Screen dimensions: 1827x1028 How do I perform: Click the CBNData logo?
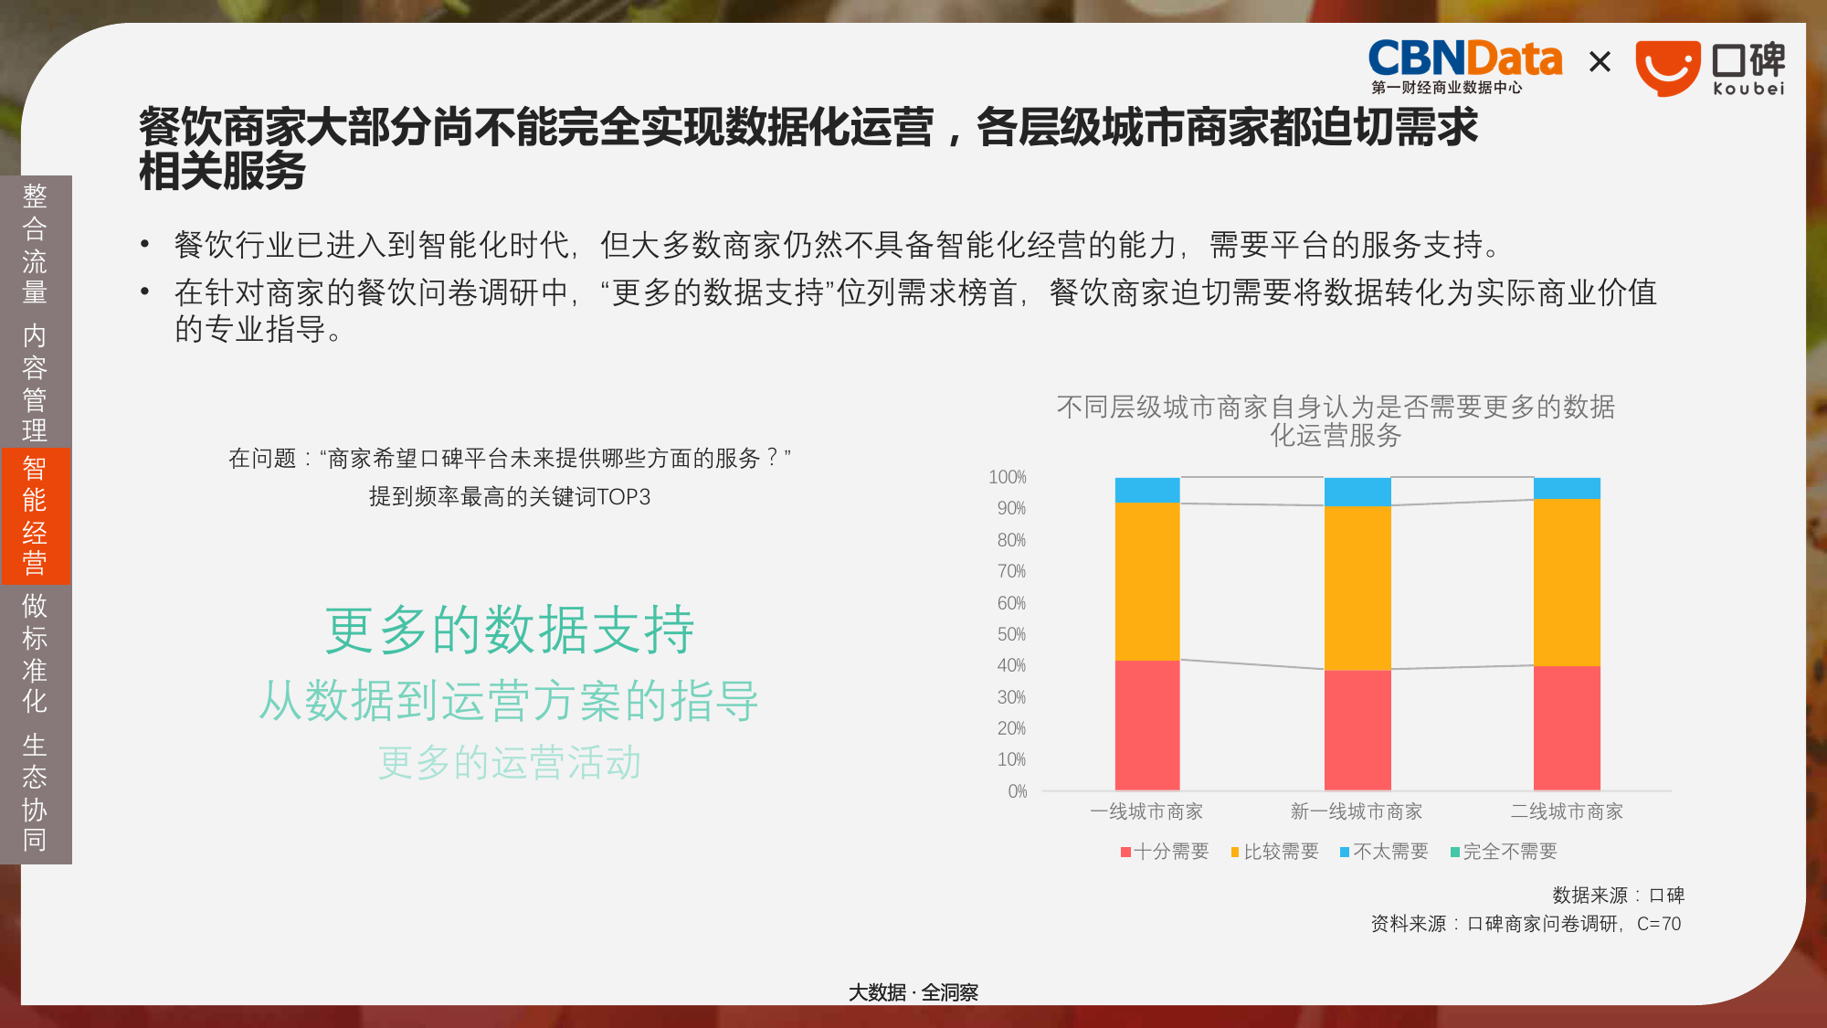[1464, 67]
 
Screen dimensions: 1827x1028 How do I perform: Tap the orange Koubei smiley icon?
[1668, 69]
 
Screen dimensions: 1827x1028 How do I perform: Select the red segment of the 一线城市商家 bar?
[1147, 726]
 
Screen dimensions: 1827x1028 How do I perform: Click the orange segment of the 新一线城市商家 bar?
[1357, 588]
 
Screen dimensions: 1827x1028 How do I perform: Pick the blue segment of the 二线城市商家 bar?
[1567, 488]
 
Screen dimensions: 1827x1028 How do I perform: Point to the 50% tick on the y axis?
[1011, 634]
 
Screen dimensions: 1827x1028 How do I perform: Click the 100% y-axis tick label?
[1008, 477]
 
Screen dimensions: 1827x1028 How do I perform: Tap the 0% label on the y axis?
[1018, 791]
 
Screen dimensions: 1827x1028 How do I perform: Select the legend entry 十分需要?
[1165, 852]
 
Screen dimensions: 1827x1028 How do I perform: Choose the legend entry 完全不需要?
[1504, 852]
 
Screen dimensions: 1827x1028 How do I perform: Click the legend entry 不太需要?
[1384, 852]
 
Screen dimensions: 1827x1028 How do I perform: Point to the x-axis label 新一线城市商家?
[1357, 811]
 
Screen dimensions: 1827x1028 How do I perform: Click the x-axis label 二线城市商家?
[1567, 811]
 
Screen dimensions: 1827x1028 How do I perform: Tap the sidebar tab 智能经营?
[35, 515]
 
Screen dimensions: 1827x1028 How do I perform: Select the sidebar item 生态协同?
[35, 792]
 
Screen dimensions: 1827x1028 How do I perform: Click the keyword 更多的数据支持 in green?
[510, 630]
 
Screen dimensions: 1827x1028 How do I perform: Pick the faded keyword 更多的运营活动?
[510, 762]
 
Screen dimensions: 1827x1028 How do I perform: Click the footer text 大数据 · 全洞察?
[913, 992]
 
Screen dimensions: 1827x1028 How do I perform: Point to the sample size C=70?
[1659, 924]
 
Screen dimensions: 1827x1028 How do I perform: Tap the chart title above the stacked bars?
[1336, 420]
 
